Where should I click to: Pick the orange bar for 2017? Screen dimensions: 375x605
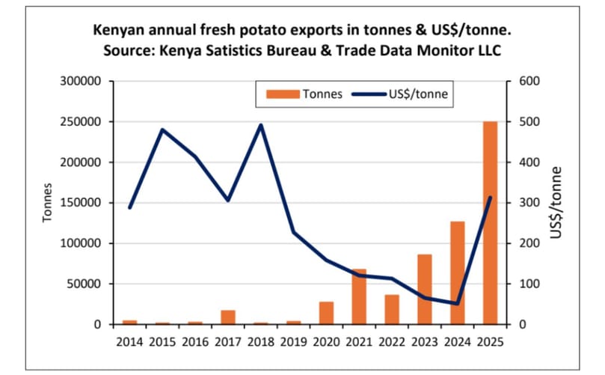[x=228, y=317]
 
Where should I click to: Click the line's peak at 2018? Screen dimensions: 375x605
[x=260, y=125]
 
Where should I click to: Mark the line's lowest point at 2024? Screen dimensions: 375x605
[x=457, y=304]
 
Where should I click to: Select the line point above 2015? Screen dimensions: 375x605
[x=162, y=129]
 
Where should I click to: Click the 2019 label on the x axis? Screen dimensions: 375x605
[x=293, y=342]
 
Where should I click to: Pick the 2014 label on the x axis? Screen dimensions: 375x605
[x=129, y=342]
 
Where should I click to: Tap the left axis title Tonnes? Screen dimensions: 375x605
[x=46, y=202]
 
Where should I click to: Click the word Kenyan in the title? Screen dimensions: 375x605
[x=115, y=31]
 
